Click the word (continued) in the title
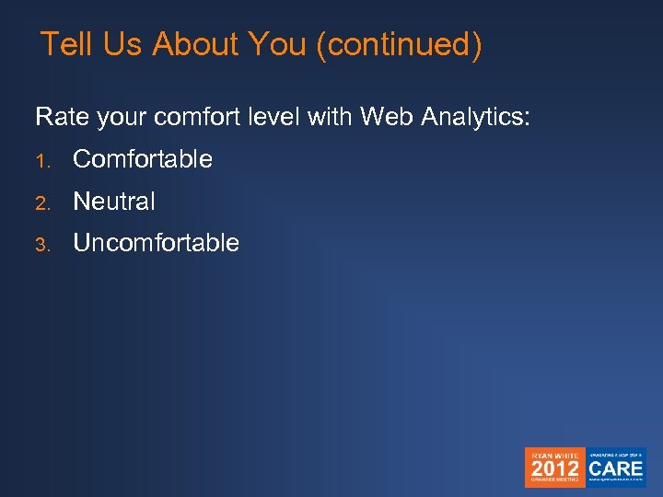pyautogui.click(x=398, y=44)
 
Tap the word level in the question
pyautogui.click(x=280, y=117)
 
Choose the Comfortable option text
pyautogui.click(x=142, y=159)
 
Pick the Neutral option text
pyautogui.click(x=114, y=201)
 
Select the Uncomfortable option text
pyautogui.click(x=156, y=243)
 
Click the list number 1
pyautogui.click(x=41, y=161)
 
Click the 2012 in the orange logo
pyautogui.click(x=554, y=468)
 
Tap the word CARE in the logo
pyautogui.click(x=616, y=467)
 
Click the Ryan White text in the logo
pyautogui.click(x=554, y=454)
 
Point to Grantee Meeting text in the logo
pyautogui.click(x=554, y=480)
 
